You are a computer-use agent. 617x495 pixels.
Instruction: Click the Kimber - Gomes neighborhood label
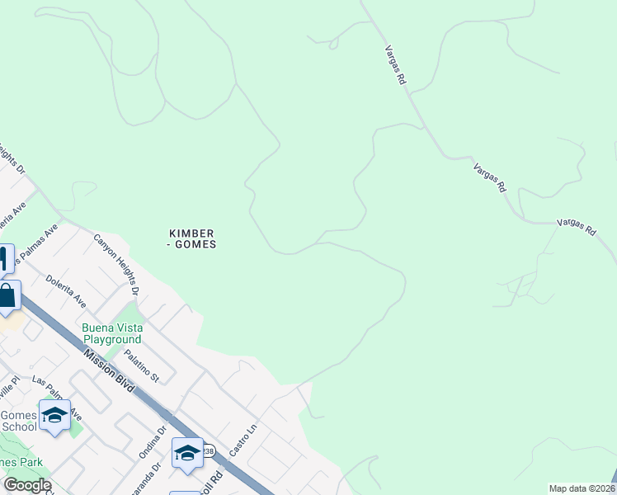(192, 238)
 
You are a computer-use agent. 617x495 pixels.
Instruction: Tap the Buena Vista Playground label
(111, 333)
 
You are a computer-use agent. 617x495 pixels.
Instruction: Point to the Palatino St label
(140, 365)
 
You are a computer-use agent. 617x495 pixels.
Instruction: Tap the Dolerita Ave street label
(66, 291)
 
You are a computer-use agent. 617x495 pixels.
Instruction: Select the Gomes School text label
(18, 421)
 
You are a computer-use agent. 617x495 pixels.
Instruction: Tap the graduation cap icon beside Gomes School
(54, 416)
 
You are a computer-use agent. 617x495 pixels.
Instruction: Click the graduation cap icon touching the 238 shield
(187, 452)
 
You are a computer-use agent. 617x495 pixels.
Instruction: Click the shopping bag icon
(7, 296)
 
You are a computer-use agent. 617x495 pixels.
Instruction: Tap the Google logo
(27, 485)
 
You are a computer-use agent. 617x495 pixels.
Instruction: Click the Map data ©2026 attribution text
(581, 488)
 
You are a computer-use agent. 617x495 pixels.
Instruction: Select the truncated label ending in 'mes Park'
(21, 462)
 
